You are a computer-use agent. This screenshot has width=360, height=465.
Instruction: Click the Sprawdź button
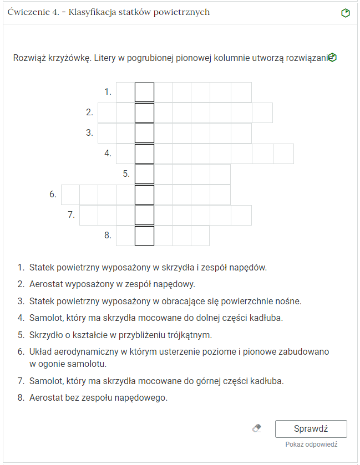(311, 429)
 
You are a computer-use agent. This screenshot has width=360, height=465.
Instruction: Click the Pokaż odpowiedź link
(311, 444)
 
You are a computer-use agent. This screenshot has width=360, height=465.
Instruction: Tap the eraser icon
(256, 428)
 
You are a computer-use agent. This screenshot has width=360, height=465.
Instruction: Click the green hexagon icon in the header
(346, 12)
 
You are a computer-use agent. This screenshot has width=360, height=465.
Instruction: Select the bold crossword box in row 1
(144, 92)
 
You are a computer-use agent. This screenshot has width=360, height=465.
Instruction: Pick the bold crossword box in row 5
(144, 174)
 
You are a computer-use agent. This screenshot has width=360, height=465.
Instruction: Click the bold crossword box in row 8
(144, 236)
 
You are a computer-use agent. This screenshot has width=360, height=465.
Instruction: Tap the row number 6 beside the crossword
(53, 195)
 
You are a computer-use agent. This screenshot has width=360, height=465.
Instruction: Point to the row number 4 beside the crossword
(108, 154)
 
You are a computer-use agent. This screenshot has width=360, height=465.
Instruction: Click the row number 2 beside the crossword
(89, 113)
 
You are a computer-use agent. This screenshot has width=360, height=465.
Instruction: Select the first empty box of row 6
(70, 195)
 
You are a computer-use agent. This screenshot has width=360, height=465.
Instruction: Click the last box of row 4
(283, 154)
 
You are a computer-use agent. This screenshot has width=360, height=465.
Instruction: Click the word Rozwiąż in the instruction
(31, 58)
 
